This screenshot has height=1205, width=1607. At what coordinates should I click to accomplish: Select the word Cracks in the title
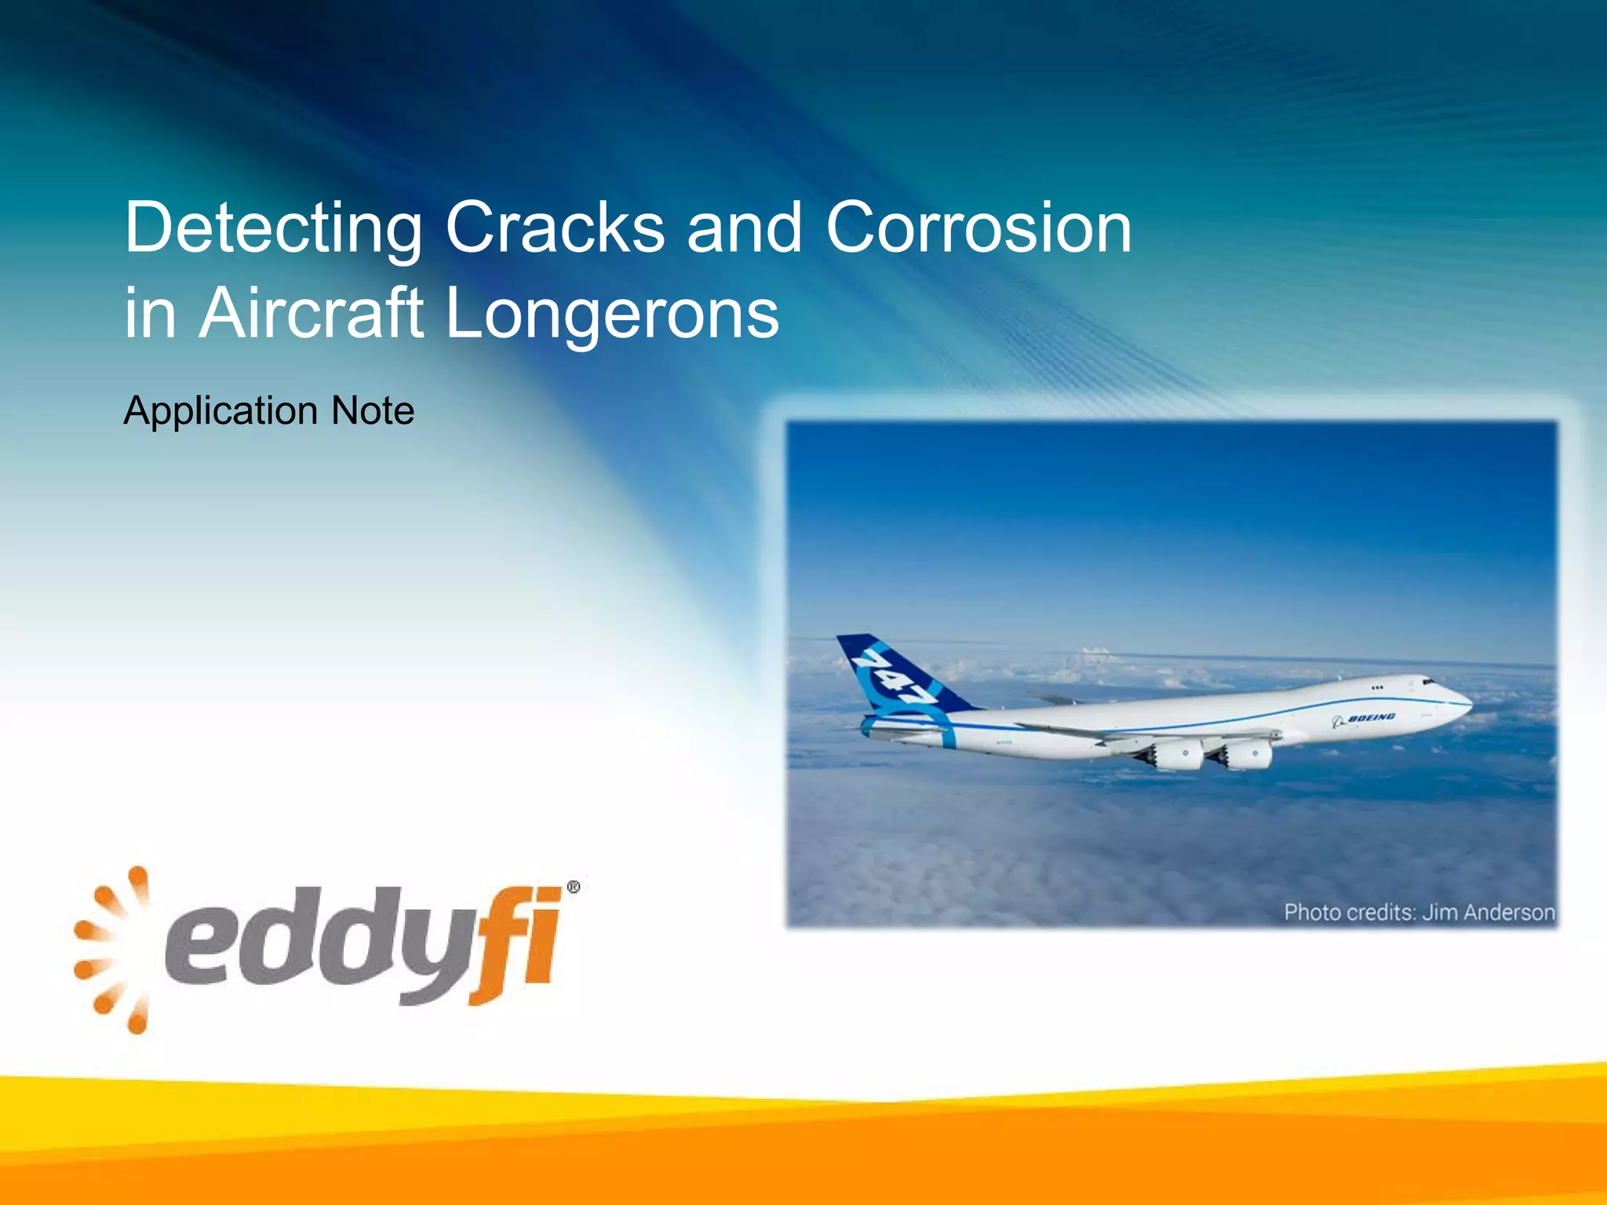555,228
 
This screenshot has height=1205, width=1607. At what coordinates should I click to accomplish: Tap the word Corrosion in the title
978,228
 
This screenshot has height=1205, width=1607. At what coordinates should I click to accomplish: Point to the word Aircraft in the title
312,314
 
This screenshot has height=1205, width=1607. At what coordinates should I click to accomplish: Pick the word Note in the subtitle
373,410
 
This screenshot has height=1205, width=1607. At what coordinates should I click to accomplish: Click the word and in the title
744,228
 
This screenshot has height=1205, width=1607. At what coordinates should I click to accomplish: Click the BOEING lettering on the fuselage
1371,718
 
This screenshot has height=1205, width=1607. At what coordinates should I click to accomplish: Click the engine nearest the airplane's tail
1177,756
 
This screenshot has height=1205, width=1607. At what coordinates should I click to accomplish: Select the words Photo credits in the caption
1348,912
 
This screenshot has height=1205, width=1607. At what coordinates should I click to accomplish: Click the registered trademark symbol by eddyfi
574,887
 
